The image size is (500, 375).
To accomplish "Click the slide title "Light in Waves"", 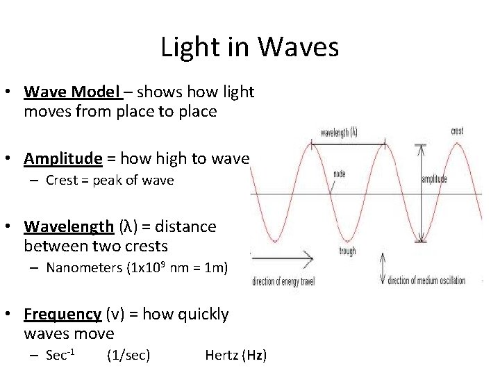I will point(249,47).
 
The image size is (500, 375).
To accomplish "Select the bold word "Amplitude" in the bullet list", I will point(62,159).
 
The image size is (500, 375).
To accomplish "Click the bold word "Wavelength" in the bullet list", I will point(68,226).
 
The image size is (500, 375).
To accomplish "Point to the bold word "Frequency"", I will point(62,315).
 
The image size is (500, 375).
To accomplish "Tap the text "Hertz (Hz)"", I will point(235,356).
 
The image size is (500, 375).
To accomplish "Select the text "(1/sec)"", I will point(128,356).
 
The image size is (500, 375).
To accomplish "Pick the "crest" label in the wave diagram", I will point(457,131).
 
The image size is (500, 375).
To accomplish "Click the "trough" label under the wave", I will point(348,251).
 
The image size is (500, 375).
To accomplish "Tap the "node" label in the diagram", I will point(339,174).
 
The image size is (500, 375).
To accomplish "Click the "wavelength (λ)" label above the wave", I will point(339,132).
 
